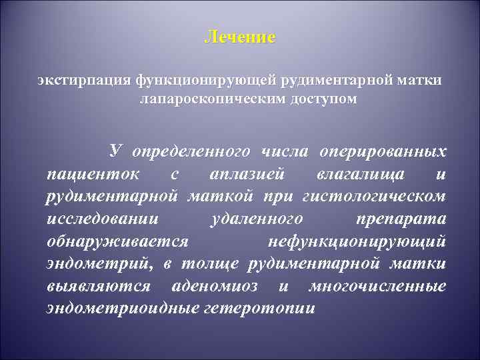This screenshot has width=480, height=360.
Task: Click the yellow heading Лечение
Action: click(x=239, y=37)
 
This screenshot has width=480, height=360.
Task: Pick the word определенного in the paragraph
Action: click(x=191, y=151)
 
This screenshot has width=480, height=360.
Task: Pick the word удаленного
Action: click(x=256, y=219)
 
